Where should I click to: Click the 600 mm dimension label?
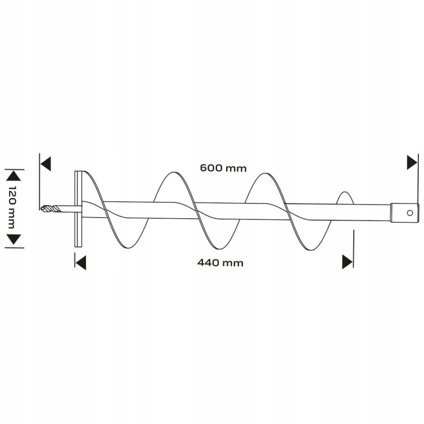click(223, 168)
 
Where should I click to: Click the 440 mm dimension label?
click(220, 262)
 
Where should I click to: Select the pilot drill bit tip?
click(43, 208)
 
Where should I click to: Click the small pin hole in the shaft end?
click(410, 213)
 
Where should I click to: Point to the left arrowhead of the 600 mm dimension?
click(45, 163)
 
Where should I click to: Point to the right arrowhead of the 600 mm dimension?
click(412, 162)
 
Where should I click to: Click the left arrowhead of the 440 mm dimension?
click(81, 262)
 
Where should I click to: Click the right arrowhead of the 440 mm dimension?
click(347, 262)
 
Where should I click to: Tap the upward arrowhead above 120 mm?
click(13, 177)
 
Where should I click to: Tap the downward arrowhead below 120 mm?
click(13, 239)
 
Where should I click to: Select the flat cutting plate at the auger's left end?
click(78, 209)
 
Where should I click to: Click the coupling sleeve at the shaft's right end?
click(405, 213)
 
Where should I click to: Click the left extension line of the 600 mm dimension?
click(40, 181)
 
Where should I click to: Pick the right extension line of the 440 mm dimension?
click(353, 249)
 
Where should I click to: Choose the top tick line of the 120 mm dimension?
click(14, 170)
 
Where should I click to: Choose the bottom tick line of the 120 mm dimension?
click(14, 247)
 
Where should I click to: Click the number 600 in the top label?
click(211, 168)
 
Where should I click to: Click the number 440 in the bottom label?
click(209, 262)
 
